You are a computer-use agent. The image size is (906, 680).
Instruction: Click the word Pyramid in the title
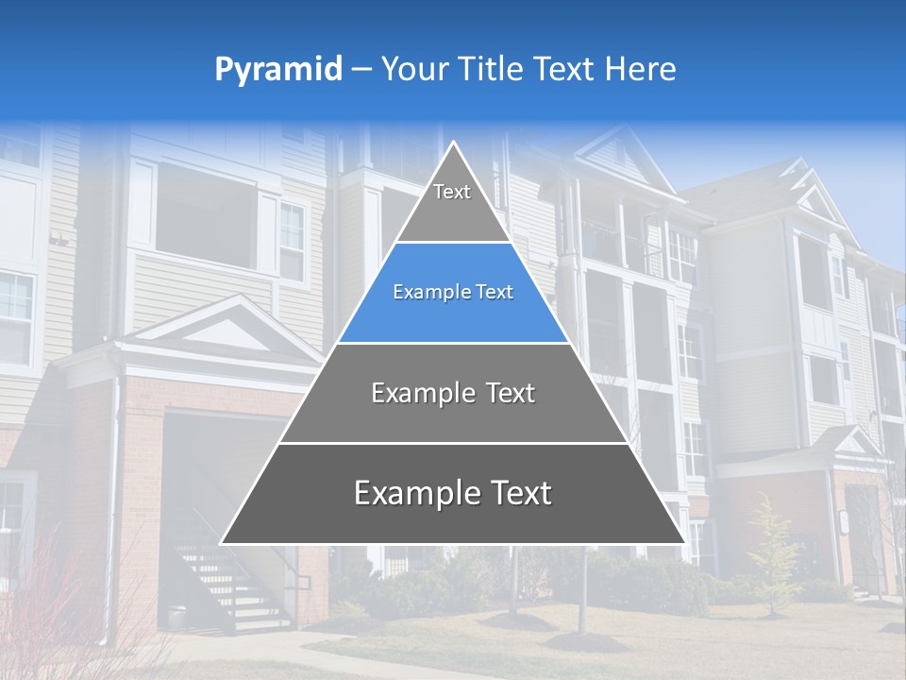point(278,70)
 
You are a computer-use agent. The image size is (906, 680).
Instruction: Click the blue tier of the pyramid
point(453,293)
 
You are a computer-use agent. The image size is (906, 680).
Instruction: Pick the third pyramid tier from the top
point(453,394)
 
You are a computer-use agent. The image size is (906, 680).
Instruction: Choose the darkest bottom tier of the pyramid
point(453,494)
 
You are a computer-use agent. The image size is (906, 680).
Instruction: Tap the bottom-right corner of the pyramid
point(683,542)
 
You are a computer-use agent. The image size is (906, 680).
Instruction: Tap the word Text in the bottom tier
point(513,494)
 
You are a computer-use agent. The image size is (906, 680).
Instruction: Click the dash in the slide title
point(361,70)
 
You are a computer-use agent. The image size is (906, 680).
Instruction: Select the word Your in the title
point(411,70)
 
